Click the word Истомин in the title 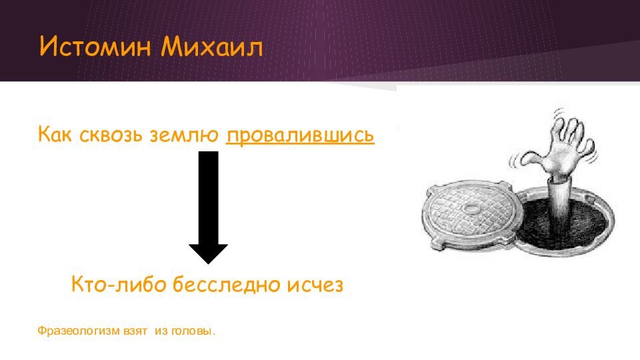click(x=95, y=47)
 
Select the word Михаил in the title click(x=211, y=47)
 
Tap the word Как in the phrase click(x=55, y=134)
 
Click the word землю click(x=184, y=135)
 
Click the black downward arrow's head click(x=208, y=254)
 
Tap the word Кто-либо click(x=118, y=284)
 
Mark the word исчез click(x=315, y=285)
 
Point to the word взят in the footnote click(x=135, y=331)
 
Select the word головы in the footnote click(x=191, y=331)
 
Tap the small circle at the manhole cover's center click(x=473, y=208)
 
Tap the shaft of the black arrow click(x=208, y=198)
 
